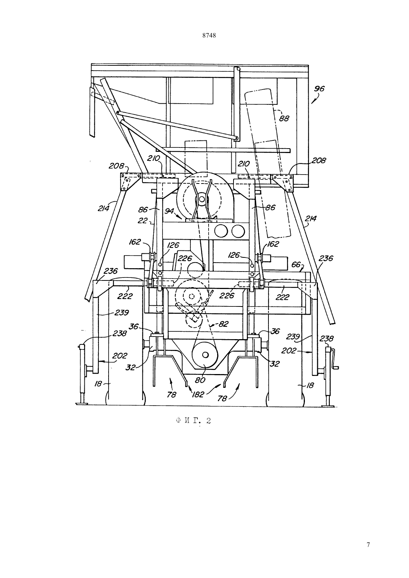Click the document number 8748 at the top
pos(209,36)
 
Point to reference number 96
pos(319,89)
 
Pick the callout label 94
pos(170,211)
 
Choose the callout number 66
pos(296,264)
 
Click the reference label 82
pos(223,324)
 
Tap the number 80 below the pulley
pos(200,380)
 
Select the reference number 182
pos(198,394)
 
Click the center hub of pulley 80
pos(206,355)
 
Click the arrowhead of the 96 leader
pos(312,103)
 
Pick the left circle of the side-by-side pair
pos(221,231)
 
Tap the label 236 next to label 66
pos(326,258)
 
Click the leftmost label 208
pos(116,166)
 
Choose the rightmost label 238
pos(327,338)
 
